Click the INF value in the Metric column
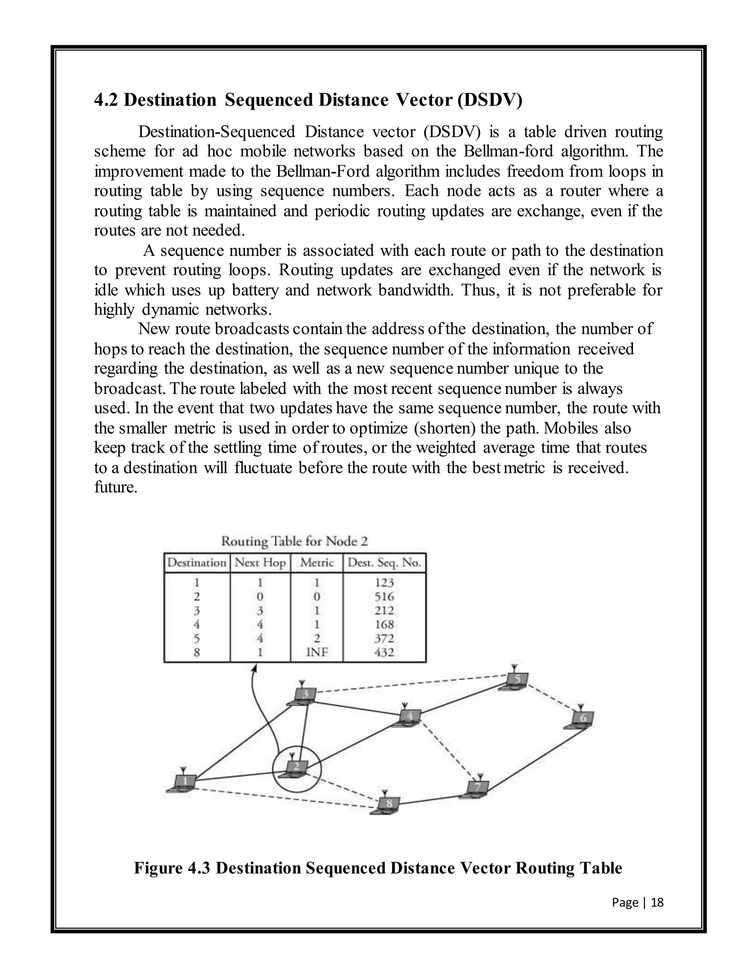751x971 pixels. [x=316, y=652]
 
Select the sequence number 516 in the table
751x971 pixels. [x=384, y=596]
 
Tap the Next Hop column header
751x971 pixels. [x=260, y=562]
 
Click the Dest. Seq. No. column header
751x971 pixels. [x=384, y=562]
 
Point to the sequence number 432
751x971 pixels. [x=384, y=652]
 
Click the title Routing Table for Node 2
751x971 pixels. [x=294, y=541]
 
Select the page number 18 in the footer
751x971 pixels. [x=657, y=902]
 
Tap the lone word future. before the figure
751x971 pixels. [x=115, y=487]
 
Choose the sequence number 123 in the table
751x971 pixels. [x=384, y=583]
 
